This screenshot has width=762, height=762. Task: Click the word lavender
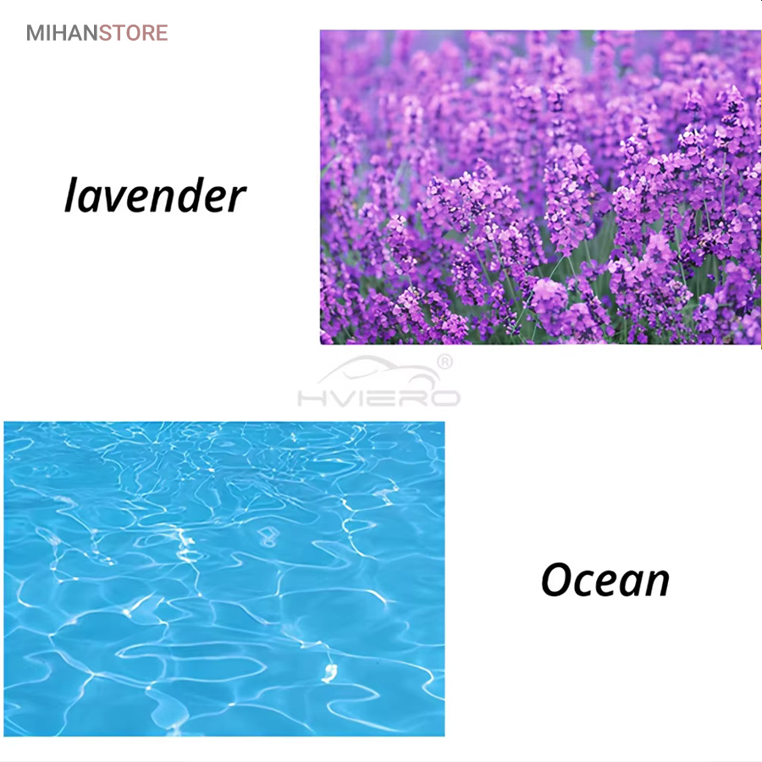[155, 195]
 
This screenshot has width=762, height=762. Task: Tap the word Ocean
[605, 579]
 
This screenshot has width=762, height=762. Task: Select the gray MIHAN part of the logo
[62, 33]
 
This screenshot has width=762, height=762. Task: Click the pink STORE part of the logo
[134, 33]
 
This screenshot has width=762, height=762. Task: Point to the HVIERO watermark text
[379, 399]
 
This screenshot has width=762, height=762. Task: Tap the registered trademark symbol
[445, 362]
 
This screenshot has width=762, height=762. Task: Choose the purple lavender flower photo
[540, 188]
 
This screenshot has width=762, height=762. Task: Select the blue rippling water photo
[224, 579]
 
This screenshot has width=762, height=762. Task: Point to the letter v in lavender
[115, 200]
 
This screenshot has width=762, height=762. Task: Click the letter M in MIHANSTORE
[36, 33]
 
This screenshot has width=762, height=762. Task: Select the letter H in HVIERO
[308, 399]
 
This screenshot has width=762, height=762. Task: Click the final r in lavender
[238, 200]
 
